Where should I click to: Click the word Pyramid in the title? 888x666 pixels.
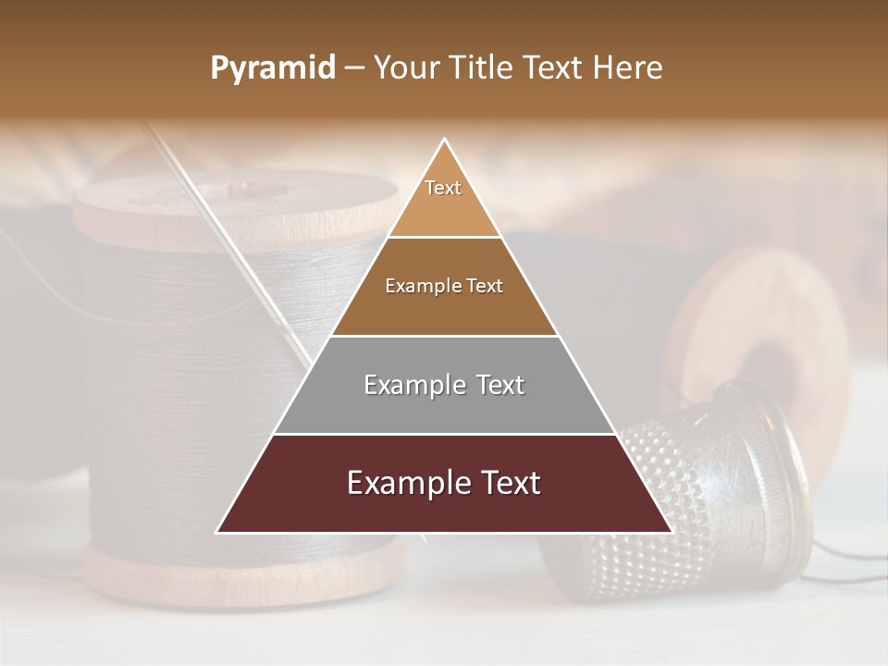coord(272,68)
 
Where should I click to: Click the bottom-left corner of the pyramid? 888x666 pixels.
coord(219,531)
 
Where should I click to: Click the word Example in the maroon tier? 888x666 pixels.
coord(404,484)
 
